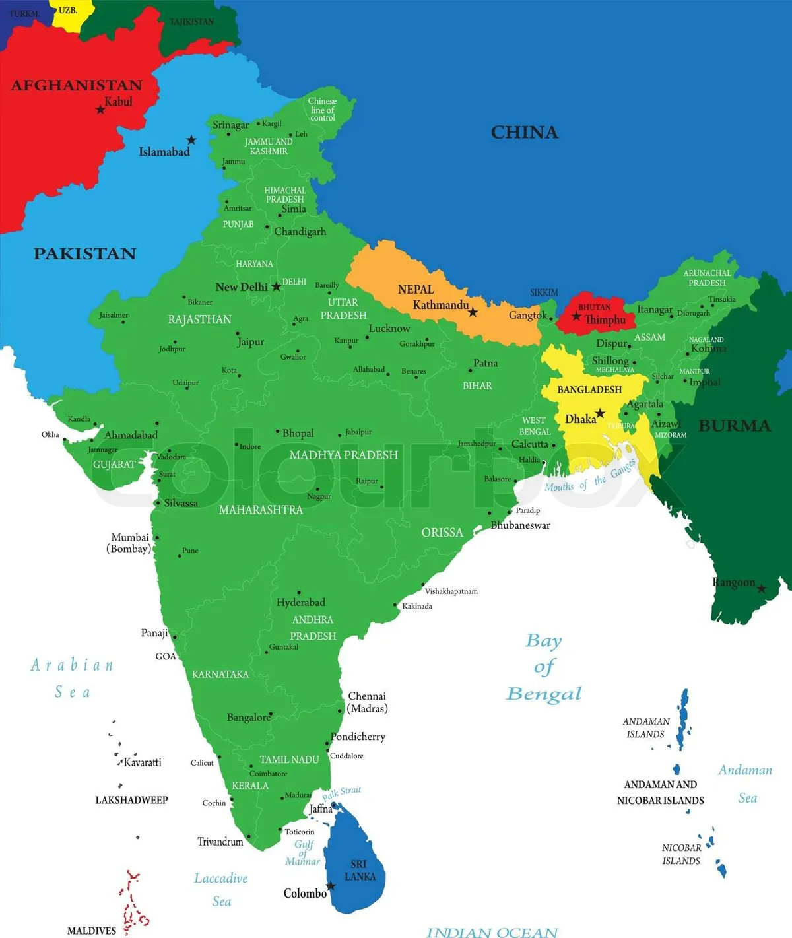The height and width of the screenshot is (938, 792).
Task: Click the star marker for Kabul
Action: [100, 109]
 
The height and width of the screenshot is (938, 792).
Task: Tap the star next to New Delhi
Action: [276, 287]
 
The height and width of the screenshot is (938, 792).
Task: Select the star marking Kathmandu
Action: [473, 312]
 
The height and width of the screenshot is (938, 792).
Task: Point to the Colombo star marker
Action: [331, 886]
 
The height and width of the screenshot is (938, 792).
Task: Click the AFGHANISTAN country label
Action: [77, 85]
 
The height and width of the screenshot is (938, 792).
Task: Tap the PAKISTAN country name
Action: [84, 253]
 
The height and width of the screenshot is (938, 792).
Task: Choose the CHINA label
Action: [524, 133]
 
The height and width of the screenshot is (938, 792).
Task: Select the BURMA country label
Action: [734, 426]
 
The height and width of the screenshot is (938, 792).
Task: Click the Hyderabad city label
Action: [300, 603]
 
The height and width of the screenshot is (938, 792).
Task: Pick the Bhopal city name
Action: [298, 434]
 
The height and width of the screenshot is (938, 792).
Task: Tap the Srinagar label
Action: [230, 125]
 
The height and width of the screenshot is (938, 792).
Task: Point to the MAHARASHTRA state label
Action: [261, 510]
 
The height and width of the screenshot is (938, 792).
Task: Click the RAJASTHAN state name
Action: [199, 319]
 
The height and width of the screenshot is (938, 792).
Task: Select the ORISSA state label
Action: [442, 533]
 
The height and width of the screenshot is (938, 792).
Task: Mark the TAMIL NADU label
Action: [289, 760]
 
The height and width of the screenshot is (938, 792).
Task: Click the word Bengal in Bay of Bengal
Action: [544, 694]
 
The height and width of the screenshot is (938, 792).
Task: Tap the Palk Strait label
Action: [342, 792]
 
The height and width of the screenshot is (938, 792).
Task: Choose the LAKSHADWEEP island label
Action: [131, 800]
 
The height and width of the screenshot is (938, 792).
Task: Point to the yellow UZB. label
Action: [67, 11]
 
